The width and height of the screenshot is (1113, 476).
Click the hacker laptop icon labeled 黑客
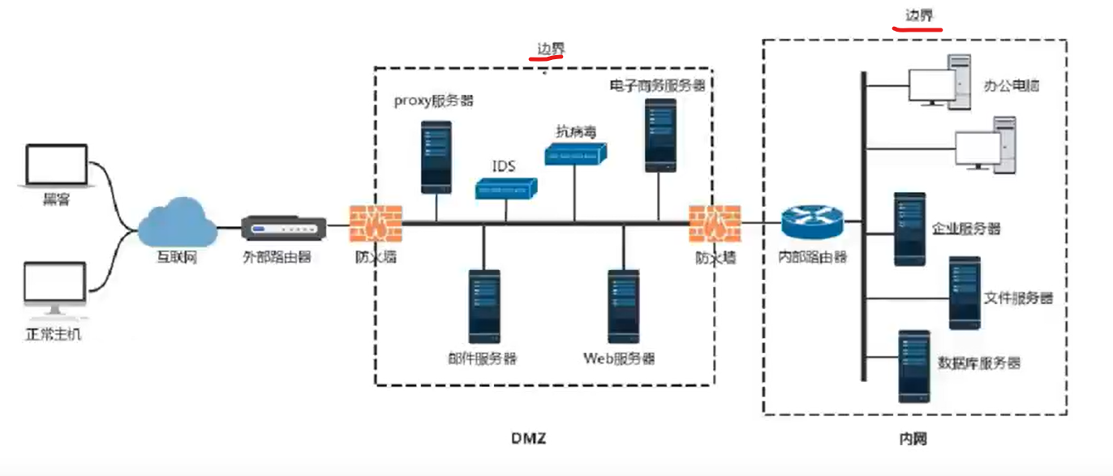click(56, 166)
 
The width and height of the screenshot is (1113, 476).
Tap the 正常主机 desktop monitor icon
click(54, 289)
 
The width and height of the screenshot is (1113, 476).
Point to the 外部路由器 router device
click(284, 229)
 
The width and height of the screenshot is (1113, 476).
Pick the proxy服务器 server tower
click(436, 157)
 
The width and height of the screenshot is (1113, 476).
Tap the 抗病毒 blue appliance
click(576, 153)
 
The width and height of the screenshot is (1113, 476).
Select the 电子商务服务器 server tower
click(660, 135)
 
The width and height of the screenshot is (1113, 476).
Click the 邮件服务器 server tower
click(484, 306)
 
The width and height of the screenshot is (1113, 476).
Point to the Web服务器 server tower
click(623, 306)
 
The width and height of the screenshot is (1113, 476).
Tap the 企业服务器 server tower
click(909, 229)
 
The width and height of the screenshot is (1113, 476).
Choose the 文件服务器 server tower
click(965, 293)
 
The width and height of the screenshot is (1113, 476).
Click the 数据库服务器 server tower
click(913, 366)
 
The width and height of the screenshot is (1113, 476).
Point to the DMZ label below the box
click(528, 439)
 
